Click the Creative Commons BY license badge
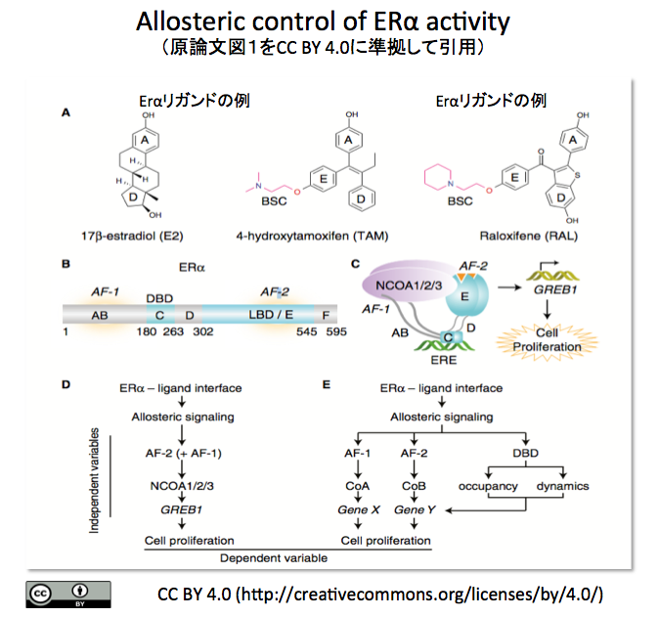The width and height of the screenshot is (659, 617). tap(68, 595)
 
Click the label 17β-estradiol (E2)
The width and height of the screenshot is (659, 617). tap(132, 236)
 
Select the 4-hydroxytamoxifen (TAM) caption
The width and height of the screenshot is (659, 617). tap(312, 236)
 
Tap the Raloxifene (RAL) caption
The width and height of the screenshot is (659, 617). tap(529, 236)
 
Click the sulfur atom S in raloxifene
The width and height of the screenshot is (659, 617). tap(577, 175)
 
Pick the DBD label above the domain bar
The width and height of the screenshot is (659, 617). tap(159, 298)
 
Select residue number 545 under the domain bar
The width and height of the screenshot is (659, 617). tap(306, 331)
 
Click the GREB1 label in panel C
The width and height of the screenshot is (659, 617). tap(555, 290)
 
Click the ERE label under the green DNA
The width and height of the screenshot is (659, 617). tap(443, 360)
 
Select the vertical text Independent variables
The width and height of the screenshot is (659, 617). tap(94, 480)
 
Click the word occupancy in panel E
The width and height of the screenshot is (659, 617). tap(488, 486)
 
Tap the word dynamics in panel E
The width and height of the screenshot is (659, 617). tap(562, 486)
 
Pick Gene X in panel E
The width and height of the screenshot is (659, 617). tap(359, 509)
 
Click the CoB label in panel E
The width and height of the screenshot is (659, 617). tap(414, 486)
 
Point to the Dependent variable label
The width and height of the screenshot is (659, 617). tap(274, 558)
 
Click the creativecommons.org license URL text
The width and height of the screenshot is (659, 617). tap(419, 595)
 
